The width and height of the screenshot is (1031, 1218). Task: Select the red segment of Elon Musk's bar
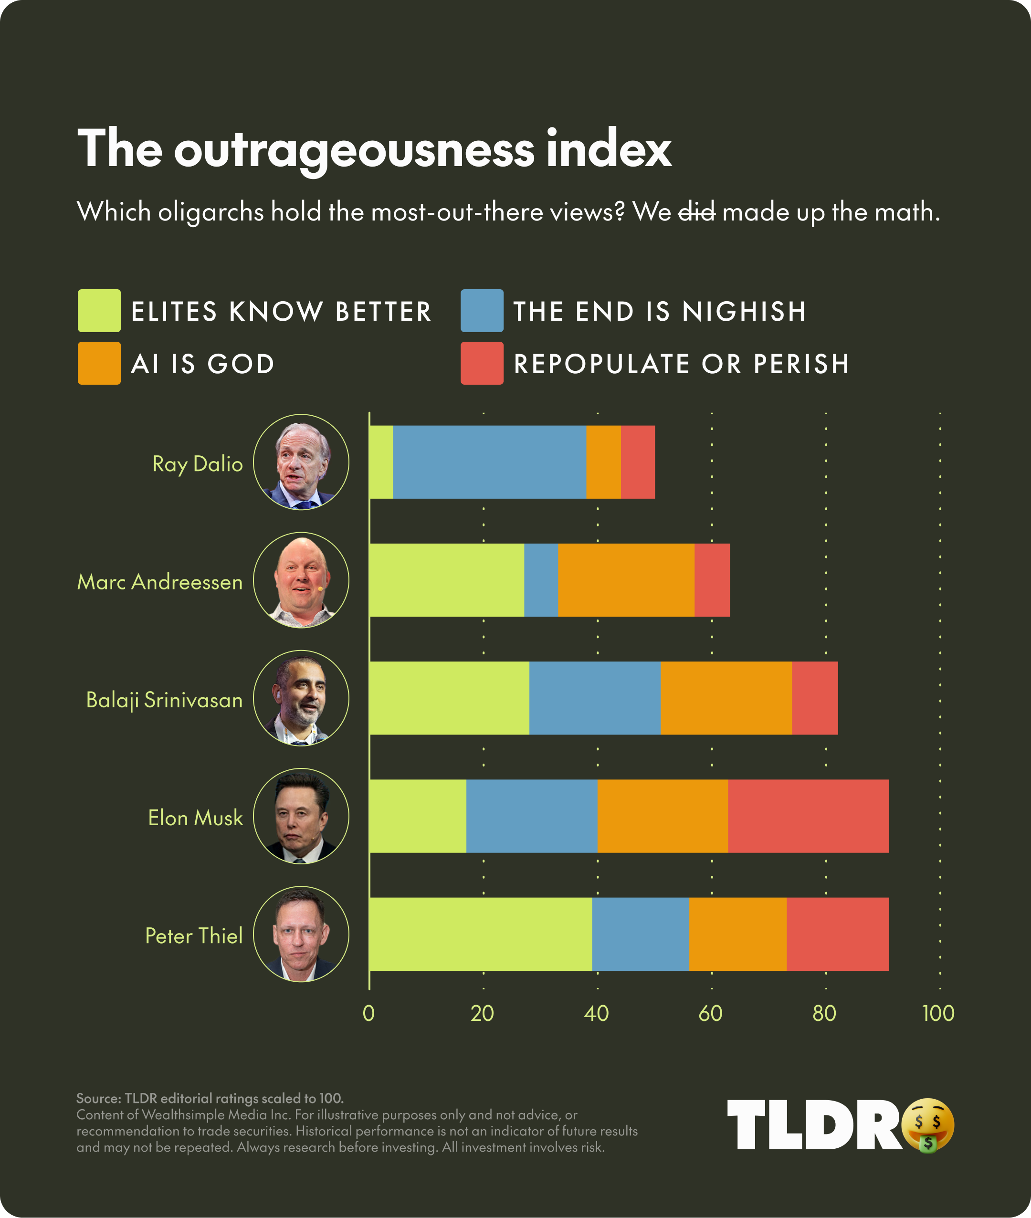(808, 816)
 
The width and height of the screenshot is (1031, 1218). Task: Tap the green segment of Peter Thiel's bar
(481, 934)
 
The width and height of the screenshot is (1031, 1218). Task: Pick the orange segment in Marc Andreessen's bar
(626, 580)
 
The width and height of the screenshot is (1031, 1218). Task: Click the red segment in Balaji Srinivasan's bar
(815, 698)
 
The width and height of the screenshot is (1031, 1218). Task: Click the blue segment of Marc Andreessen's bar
(541, 580)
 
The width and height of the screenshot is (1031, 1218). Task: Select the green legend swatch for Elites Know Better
(99, 310)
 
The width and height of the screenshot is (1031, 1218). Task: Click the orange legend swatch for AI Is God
(99, 363)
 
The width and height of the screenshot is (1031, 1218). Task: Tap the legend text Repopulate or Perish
(682, 364)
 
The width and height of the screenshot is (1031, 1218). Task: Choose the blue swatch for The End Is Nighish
(482, 310)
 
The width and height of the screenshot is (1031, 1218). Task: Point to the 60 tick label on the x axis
(711, 1013)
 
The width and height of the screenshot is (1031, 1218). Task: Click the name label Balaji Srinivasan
(164, 700)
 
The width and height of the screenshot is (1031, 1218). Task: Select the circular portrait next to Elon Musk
(301, 816)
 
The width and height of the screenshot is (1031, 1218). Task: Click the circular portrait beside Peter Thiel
(301, 934)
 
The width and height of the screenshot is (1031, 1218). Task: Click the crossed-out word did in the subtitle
(697, 211)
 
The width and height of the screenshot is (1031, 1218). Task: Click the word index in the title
(609, 149)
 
